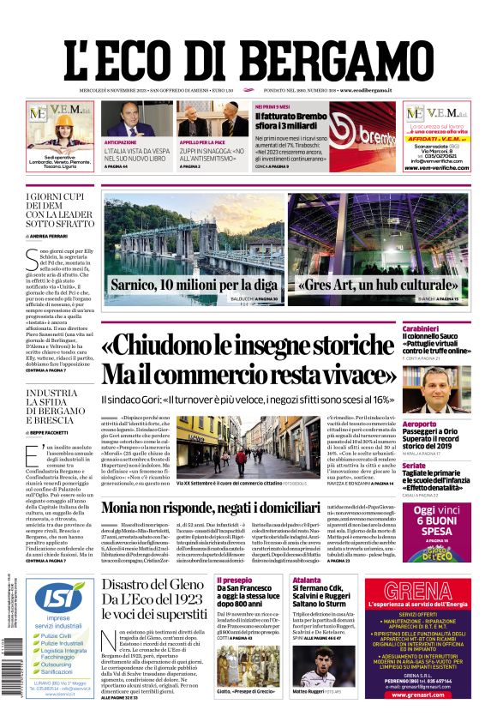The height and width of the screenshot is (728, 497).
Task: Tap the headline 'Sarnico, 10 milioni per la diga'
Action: click(x=194, y=284)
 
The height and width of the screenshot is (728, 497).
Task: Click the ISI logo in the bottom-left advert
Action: click(x=58, y=599)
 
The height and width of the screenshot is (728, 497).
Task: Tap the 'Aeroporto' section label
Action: click(x=442, y=424)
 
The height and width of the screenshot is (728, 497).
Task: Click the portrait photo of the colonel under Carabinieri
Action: click(x=446, y=390)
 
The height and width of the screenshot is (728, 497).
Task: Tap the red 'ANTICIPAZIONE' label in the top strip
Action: click(x=121, y=141)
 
